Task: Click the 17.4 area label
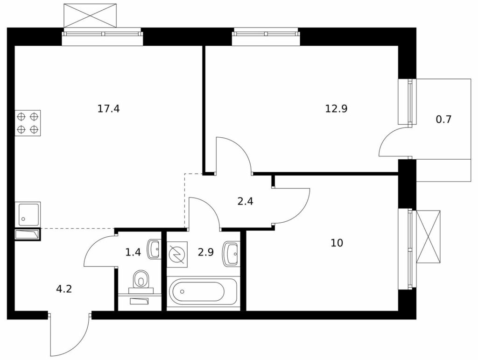tap(108, 108)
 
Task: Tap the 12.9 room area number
tap(336, 108)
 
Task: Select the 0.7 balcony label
tap(443, 119)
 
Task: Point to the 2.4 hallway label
tap(246, 202)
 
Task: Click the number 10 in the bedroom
tap(337, 243)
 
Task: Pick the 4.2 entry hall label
tap(64, 289)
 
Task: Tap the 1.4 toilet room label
tap(133, 252)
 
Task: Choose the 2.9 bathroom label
tap(206, 253)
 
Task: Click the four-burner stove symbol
tap(28, 123)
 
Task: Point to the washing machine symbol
tap(177, 254)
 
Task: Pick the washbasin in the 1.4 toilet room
tap(154, 249)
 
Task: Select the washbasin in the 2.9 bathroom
tap(231, 254)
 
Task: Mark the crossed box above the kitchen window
tap(90, 15)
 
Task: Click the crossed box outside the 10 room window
tap(429, 237)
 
